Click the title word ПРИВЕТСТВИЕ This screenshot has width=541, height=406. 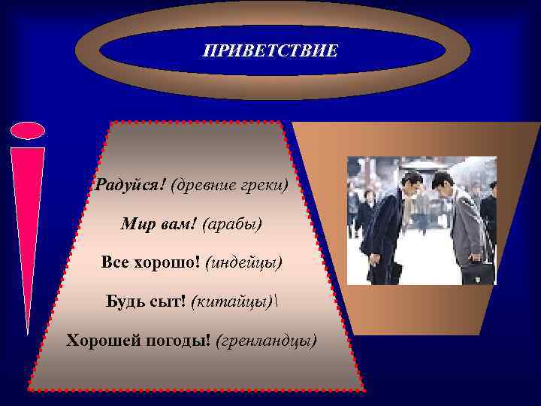point(270,51)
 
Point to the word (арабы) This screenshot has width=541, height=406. point(232,224)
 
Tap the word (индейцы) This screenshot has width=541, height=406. point(243,263)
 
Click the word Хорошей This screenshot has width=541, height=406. point(100,341)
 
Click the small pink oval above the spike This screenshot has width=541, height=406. point(28,131)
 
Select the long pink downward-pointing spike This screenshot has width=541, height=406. point(27,226)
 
